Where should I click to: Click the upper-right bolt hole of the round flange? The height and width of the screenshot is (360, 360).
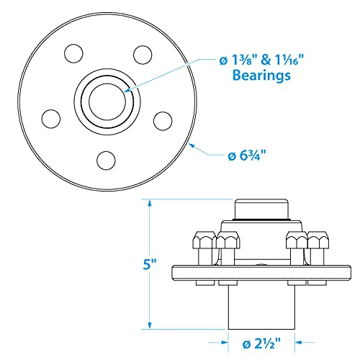(x=141, y=53)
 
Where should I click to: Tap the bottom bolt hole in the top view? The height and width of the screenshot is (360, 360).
(x=107, y=159)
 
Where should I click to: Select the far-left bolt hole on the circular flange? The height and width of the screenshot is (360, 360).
(x=50, y=118)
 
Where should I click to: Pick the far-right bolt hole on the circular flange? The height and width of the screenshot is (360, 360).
(x=163, y=118)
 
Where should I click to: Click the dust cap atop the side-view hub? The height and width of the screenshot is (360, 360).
(x=261, y=209)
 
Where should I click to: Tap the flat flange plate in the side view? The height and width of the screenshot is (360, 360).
(x=261, y=272)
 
